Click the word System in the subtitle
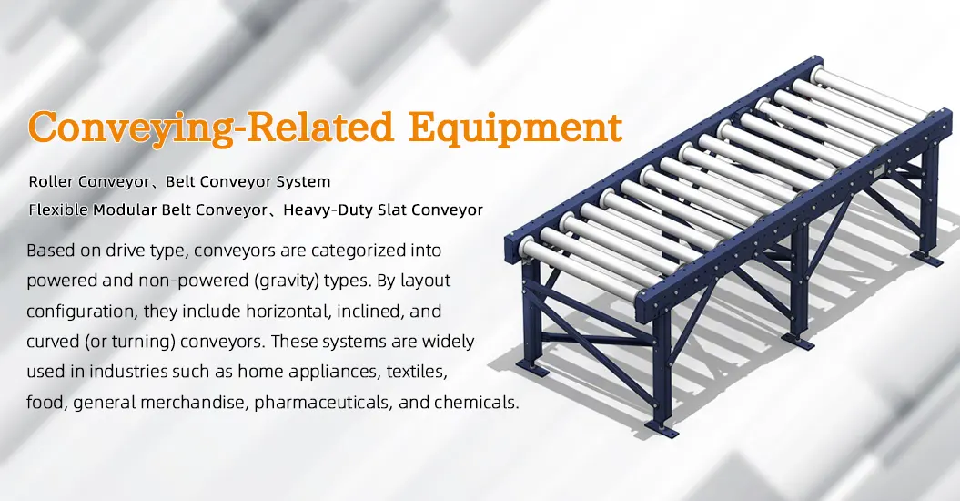[303, 182]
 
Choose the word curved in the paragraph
[53, 342]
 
